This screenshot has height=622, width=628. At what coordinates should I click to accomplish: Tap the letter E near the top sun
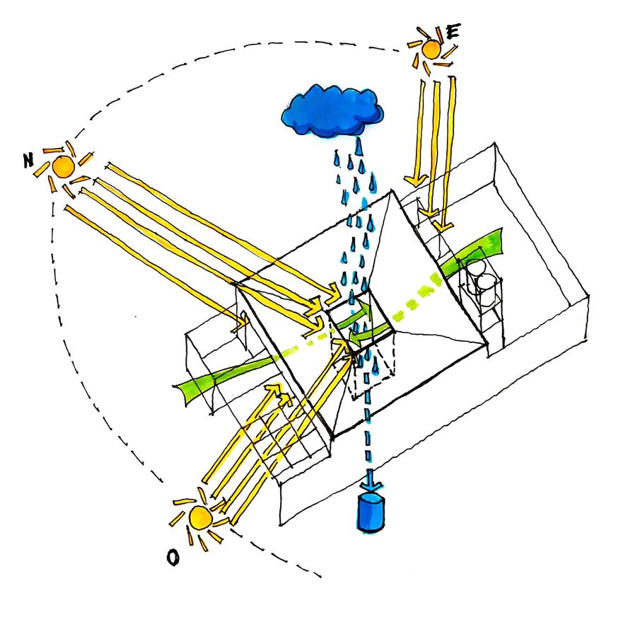point(453,32)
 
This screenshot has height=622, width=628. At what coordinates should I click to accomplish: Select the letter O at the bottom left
point(172,558)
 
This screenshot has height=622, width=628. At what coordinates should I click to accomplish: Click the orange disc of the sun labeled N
point(62,167)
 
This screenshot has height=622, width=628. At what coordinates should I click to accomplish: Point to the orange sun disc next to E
point(429,48)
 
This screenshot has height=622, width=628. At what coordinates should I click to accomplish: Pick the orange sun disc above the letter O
point(199,517)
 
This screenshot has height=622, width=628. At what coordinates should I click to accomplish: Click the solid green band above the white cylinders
point(474,251)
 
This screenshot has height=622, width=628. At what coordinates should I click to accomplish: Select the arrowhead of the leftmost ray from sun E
point(414,182)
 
